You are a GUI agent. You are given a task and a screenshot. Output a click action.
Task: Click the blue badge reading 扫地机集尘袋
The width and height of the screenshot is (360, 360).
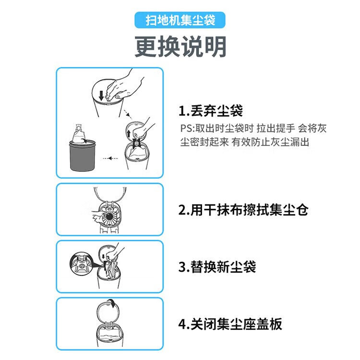[180, 20]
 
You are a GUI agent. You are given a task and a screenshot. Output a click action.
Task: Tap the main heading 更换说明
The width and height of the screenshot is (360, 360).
[180, 47]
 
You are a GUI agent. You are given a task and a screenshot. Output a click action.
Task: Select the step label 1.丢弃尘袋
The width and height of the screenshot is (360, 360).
[211, 111]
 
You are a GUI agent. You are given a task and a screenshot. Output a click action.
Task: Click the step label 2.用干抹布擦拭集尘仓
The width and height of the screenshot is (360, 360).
[243, 210]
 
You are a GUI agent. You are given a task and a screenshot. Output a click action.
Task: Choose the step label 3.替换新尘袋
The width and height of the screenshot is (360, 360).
[217, 267]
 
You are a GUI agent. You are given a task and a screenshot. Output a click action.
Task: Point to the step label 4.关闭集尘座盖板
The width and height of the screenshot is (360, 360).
[230, 324]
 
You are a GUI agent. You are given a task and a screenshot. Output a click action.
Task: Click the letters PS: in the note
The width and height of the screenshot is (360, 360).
[187, 128]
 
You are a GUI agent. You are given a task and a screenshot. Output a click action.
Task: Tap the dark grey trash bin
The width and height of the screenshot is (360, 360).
[82, 156]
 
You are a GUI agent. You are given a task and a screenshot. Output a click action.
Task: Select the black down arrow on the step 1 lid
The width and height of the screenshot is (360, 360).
[101, 96]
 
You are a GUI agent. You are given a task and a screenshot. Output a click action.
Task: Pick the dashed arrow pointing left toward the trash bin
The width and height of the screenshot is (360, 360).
[110, 158]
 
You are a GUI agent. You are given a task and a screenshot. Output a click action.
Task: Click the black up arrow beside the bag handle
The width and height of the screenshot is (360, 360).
[129, 133]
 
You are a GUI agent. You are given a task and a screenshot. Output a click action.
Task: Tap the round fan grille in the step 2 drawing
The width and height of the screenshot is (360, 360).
[110, 217]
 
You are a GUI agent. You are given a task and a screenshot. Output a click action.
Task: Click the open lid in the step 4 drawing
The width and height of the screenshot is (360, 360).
[108, 313]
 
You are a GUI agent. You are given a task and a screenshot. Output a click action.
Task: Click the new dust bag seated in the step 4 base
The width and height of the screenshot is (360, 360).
[108, 334]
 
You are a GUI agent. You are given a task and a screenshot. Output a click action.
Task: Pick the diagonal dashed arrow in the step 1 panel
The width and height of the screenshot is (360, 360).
[127, 114]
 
